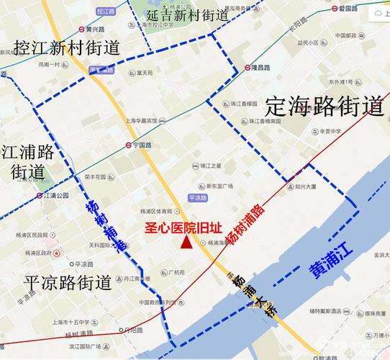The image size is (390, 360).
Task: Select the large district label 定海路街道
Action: [325, 107]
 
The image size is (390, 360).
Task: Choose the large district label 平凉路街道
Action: [67, 282]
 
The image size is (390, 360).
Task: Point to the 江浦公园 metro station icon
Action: [40, 195]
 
